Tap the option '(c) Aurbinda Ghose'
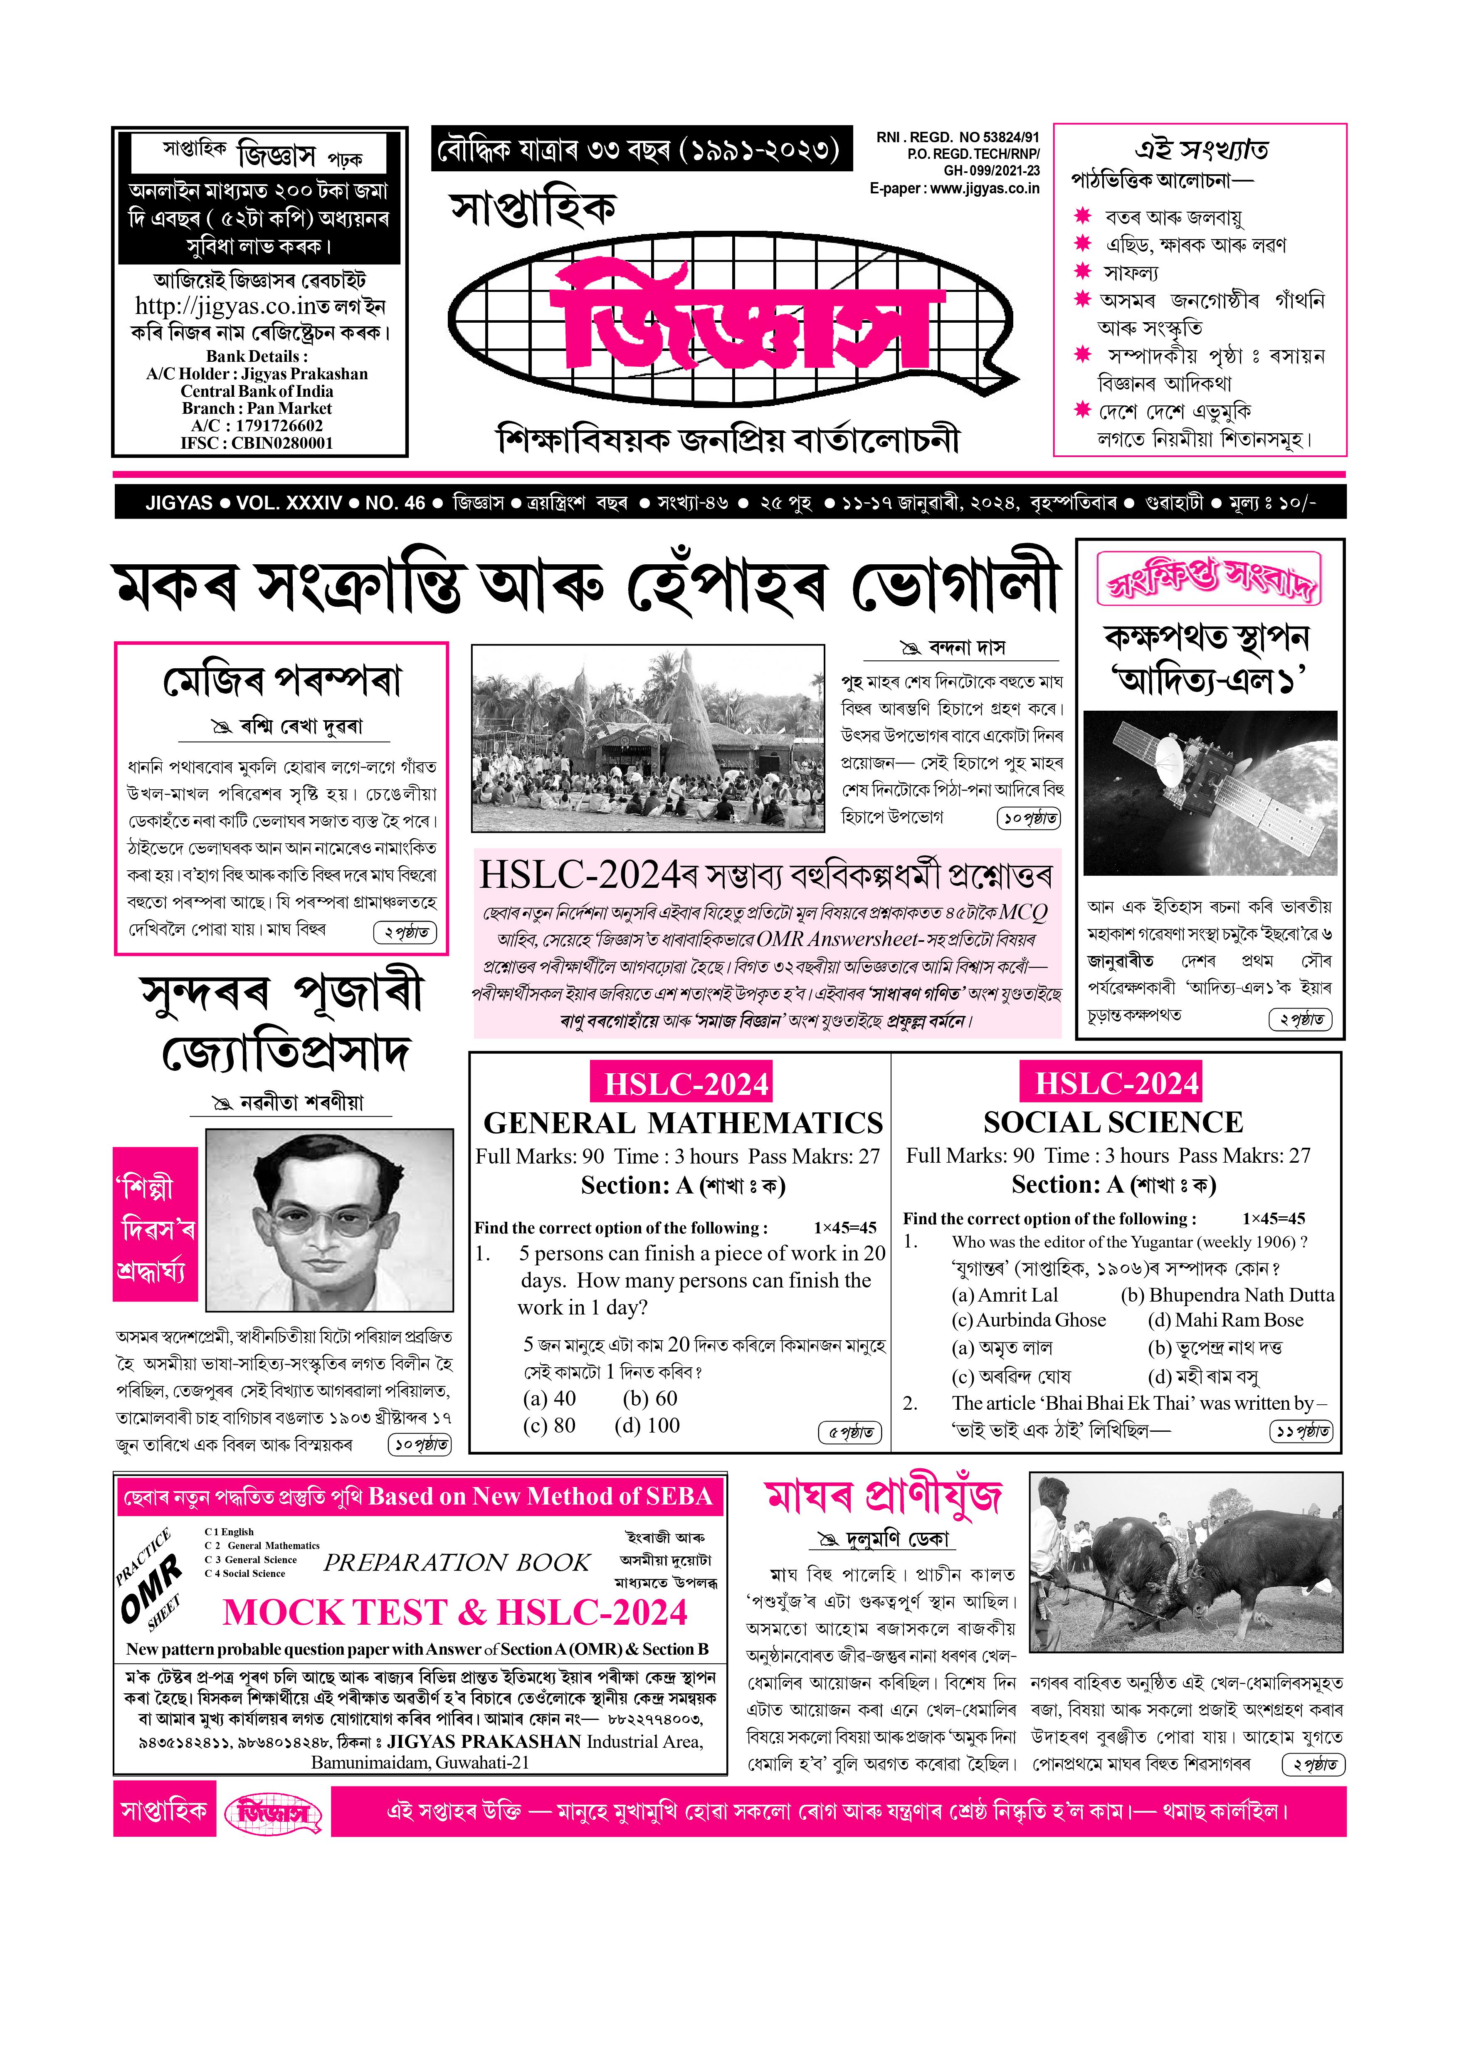coord(1029,1320)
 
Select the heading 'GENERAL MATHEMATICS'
coord(683,1123)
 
